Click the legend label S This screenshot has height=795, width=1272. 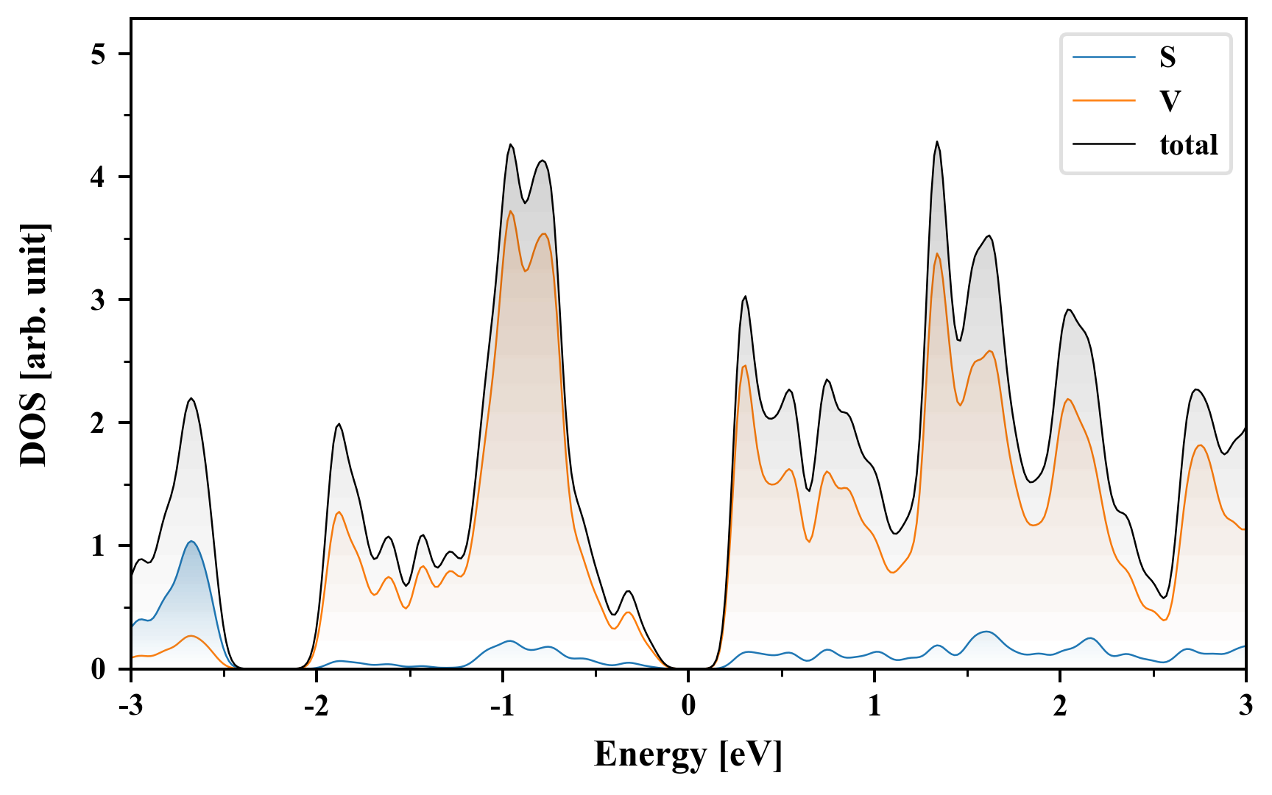tap(1167, 57)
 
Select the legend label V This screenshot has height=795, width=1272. tap(1169, 101)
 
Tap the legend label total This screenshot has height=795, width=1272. tap(1188, 144)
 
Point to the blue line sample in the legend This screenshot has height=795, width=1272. tap(1104, 57)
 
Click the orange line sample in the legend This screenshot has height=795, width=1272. tap(1104, 101)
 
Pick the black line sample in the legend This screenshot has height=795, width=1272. tap(1104, 144)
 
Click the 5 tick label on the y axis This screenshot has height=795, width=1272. tap(99, 54)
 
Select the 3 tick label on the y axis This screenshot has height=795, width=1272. tap(99, 300)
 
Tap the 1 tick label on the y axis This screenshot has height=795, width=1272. tap(99, 546)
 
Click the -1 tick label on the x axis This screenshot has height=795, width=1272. tap(502, 706)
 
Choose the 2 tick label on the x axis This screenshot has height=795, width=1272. tap(1060, 706)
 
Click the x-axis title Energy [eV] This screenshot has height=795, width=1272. tap(688, 755)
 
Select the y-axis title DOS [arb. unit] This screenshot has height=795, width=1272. tap(34, 344)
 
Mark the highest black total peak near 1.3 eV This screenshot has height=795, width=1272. tap(937, 141)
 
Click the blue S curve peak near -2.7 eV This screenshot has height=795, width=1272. tap(191, 541)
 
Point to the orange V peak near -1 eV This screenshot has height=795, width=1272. tap(510, 211)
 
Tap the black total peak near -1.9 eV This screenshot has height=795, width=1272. tap(339, 424)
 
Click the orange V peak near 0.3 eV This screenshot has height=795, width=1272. tap(745, 366)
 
